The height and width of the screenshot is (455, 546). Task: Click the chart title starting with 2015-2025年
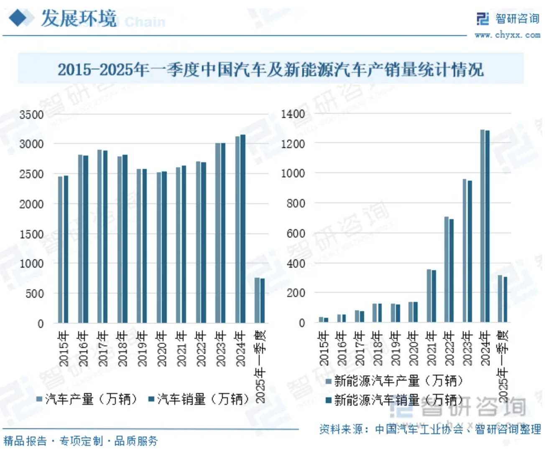270,69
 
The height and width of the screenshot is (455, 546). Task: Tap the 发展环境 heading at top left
78,19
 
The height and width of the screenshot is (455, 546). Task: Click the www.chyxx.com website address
507,35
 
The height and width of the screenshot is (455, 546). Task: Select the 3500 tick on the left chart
31,115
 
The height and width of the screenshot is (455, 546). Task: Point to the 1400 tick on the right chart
293,114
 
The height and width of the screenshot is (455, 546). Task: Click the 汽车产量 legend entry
87,399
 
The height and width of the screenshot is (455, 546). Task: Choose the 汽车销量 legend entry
199,399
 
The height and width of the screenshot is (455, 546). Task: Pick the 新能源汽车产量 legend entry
395,381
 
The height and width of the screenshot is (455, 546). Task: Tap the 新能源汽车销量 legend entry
395,400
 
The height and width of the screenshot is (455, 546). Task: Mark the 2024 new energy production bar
482,226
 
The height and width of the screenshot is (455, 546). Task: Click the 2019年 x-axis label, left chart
142,348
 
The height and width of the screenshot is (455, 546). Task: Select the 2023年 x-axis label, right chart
467,348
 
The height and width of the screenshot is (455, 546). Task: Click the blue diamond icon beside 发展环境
18,18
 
